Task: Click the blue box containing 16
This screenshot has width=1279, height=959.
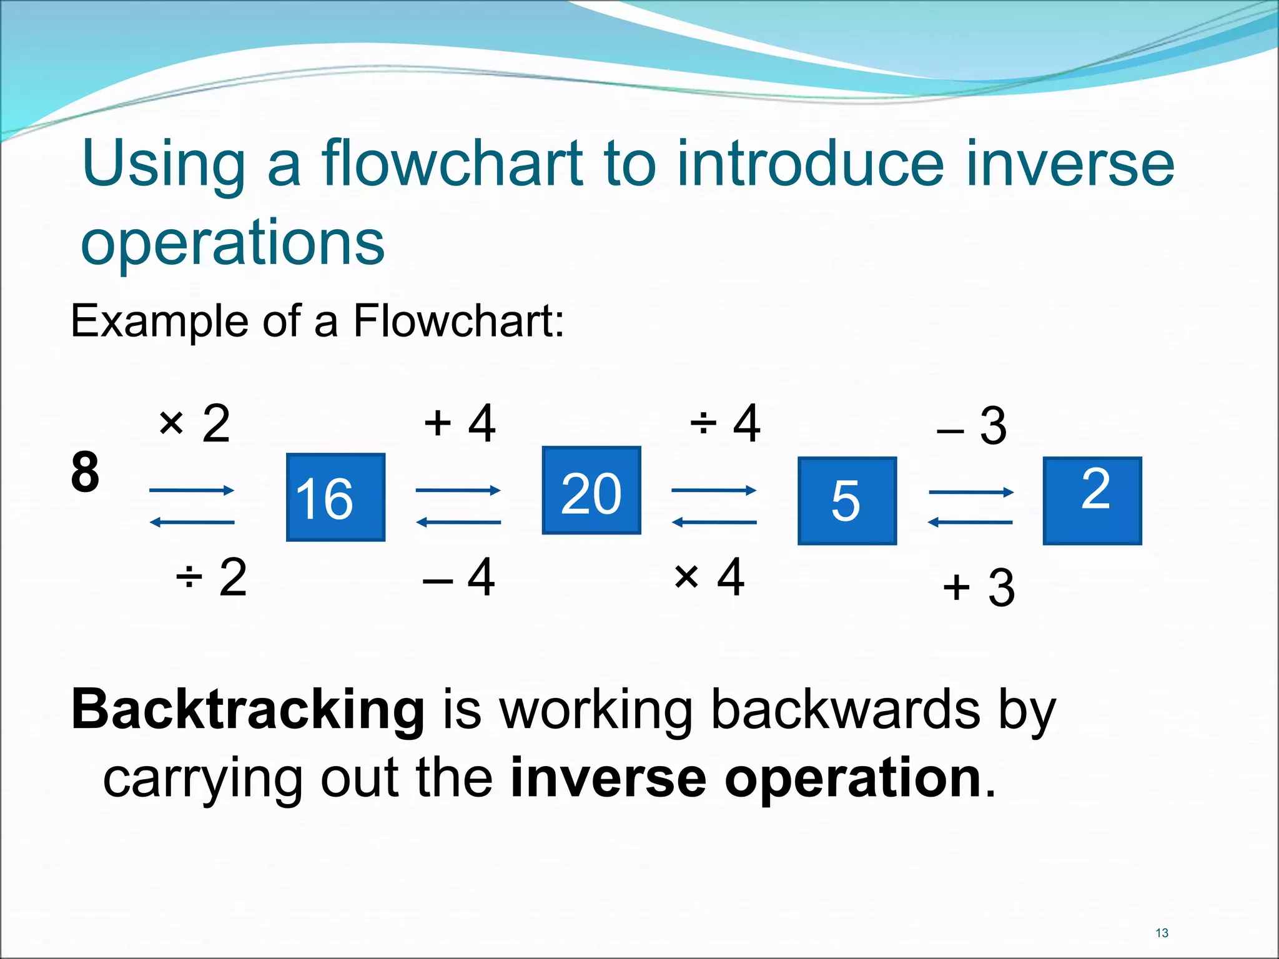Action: tap(335, 497)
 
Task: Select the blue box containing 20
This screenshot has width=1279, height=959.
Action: tap(591, 491)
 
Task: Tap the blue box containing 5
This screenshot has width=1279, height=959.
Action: tap(847, 501)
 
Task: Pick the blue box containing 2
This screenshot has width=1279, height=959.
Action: tap(1092, 501)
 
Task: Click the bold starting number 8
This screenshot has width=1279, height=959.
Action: tap(85, 472)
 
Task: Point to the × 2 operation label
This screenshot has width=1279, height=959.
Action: tap(194, 424)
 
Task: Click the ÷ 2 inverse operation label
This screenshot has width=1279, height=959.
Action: tap(212, 578)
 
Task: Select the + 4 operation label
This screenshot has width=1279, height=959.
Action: tap(460, 423)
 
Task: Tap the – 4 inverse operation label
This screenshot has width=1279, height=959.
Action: tap(459, 578)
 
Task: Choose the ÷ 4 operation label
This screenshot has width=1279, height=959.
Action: tap(725, 423)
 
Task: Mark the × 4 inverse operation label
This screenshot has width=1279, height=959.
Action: tap(709, 578)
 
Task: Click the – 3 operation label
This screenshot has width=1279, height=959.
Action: tap(972, 426)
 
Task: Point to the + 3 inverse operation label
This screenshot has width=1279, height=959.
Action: tap(979, 588)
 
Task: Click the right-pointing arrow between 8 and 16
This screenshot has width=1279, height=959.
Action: tap(192, 491)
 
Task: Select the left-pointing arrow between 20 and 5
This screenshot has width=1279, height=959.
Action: tap(714, 522)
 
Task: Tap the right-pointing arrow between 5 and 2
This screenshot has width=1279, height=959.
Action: tap(971, 493)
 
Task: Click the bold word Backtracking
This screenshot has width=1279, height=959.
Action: tap(248, 710)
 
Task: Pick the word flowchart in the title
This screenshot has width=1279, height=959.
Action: tap(453, 164)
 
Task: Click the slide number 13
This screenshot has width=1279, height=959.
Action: tap(1162, 933)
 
